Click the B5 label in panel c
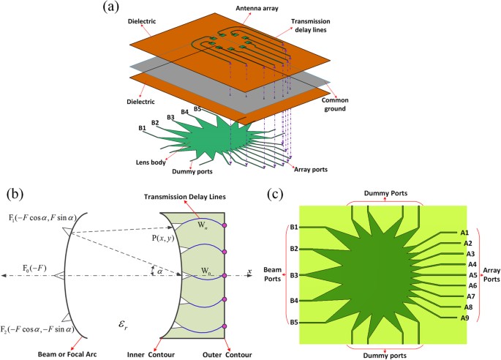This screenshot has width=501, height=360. pyautogui.click(x=293, y=322)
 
